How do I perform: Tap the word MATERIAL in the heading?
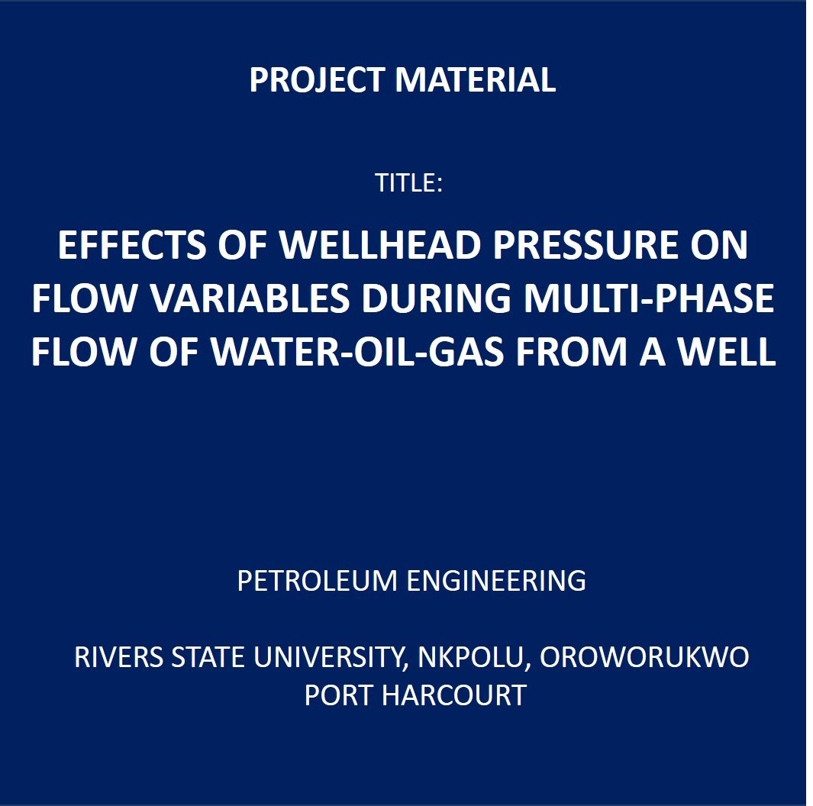[476, 80]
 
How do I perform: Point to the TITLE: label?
[408, 183]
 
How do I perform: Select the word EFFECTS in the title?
[132, 245]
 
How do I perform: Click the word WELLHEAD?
[381, 245]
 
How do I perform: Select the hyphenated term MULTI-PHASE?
[649, 298]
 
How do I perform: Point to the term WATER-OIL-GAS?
[357, 353]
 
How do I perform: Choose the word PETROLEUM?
[318, 581]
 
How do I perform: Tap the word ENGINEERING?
[496, 581]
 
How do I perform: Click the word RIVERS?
[119, 657]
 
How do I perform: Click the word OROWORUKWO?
[644, 657]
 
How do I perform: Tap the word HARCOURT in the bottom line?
[454, 695]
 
